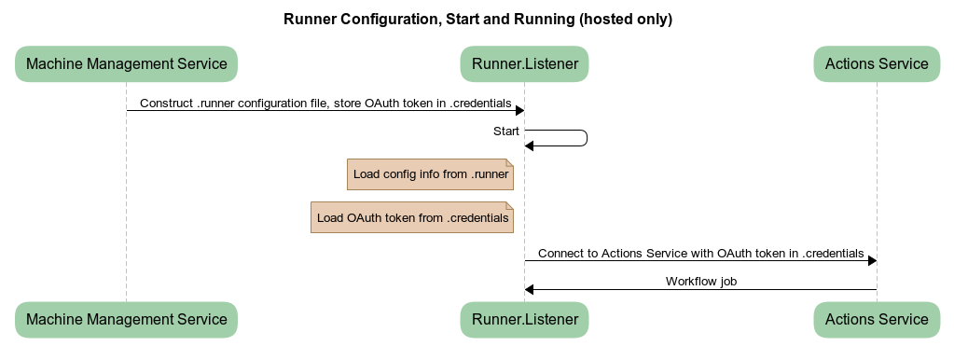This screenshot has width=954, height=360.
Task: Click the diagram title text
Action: [x=477, y=19]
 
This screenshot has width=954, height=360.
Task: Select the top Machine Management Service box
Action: [x=126, y=64]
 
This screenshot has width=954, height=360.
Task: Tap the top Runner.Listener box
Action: [x=524, y=64]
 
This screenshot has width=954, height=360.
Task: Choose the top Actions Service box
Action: [x=877, y=64]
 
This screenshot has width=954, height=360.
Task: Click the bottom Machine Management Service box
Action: [x=126, y=319]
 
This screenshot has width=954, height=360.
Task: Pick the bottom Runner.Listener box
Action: [x=524, y=319]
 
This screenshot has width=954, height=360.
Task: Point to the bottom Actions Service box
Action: [x=877, y=319]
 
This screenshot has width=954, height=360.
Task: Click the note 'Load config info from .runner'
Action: [x=430, y=174]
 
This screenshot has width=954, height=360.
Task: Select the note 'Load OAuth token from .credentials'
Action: [x=412, y=217]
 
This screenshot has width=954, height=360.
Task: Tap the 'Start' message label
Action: [x=506, y=132]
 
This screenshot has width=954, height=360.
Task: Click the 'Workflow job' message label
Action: [x=701, y=281]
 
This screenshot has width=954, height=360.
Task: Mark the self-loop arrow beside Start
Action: [x=586, y=138]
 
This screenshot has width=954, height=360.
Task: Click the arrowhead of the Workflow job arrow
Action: [x=530, y=290]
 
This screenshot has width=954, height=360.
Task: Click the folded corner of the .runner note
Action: [x=509, y=163]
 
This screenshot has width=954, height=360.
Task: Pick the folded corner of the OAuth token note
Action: [x=509, y=206]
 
